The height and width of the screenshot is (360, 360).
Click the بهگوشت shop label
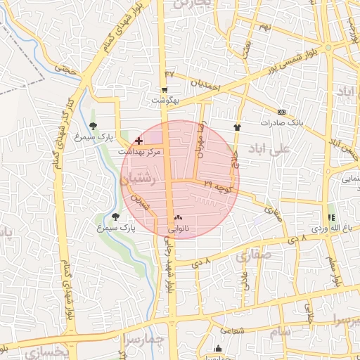165,101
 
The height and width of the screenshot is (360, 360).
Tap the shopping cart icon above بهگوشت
165,90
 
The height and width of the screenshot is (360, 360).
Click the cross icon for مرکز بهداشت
138,141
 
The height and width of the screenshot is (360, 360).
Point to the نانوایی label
177,229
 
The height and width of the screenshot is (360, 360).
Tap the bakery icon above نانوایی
177,218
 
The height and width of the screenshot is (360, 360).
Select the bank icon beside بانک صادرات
282,112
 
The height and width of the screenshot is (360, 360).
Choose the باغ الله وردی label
331,229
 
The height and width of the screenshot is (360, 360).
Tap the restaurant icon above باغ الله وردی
331,217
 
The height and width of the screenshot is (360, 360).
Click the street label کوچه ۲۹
218,186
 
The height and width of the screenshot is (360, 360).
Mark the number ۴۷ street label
169,74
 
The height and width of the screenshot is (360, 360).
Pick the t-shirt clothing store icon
236,127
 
